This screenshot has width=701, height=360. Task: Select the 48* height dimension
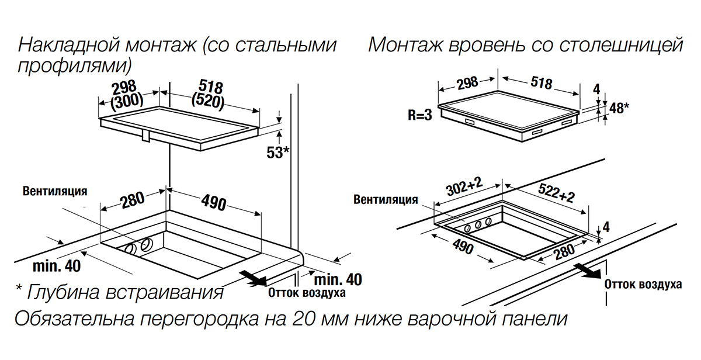tap(619, 108)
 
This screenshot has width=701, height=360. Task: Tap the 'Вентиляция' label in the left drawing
tap(55, 191)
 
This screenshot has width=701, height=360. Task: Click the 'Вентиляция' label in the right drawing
tap(386, 200)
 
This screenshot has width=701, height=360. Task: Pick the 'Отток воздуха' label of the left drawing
tap(307, 293)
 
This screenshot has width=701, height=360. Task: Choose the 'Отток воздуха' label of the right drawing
tap(643, 285)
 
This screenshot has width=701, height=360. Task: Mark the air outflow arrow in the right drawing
tap(587, 269)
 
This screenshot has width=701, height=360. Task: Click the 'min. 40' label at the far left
tap(57, 266)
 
